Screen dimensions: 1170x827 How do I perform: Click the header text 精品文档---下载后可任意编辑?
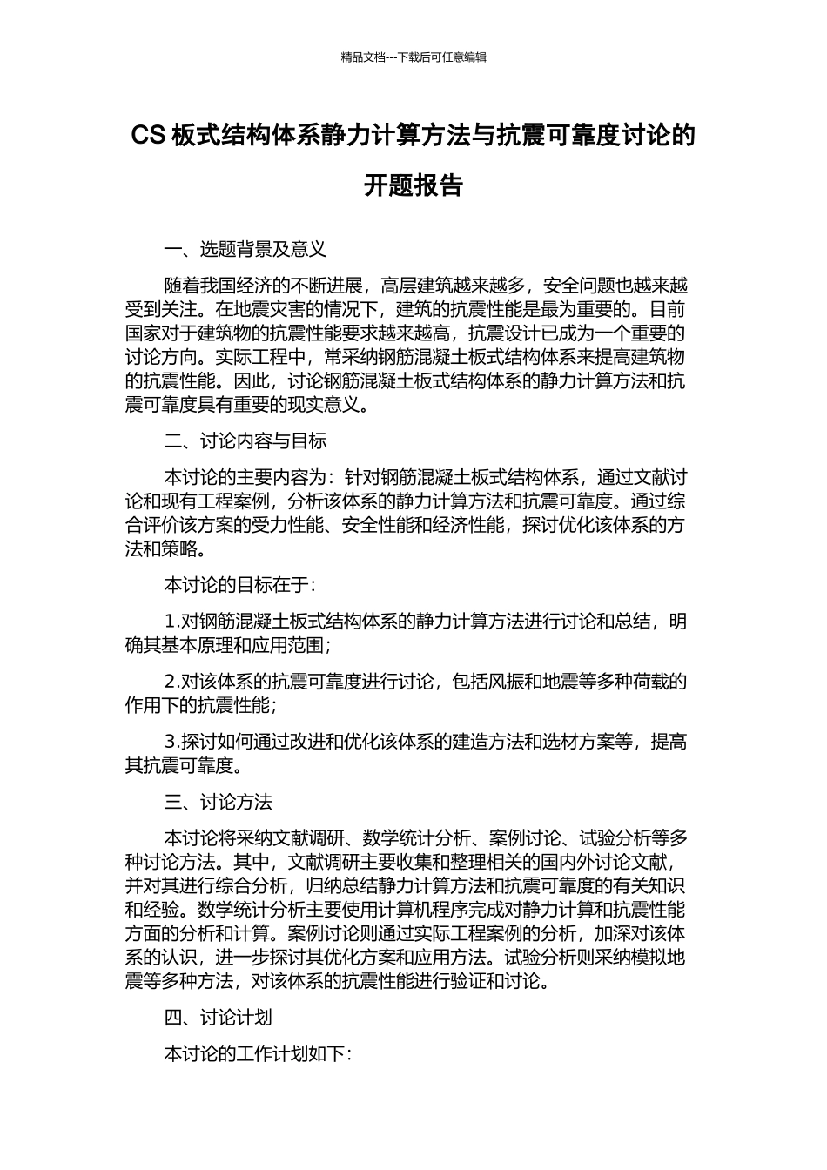pyautogui.click(x=413, y=57)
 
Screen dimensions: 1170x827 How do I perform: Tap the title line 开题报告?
pyautogui.click(x=413, y=186)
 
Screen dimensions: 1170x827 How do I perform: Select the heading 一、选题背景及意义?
pyautogui.click(x=245, y=249)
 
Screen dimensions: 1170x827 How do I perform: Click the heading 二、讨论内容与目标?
pyautogui.click(x=245, y=441)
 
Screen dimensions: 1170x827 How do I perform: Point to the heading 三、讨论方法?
pyautogui.click(x=219, y=802)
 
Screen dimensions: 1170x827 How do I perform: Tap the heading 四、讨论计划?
pyautogui.click(x=219, y=1018)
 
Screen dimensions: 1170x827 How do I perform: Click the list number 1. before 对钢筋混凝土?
pyautogui.click(x=172, y=622)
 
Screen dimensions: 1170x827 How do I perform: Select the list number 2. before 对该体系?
pyautogui.click(x=172, y=682)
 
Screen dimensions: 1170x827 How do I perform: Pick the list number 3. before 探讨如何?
pyautogui.click(x=172, y=742)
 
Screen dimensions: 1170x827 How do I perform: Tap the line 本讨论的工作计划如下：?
pyautogui.click(x=259, y=1054)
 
